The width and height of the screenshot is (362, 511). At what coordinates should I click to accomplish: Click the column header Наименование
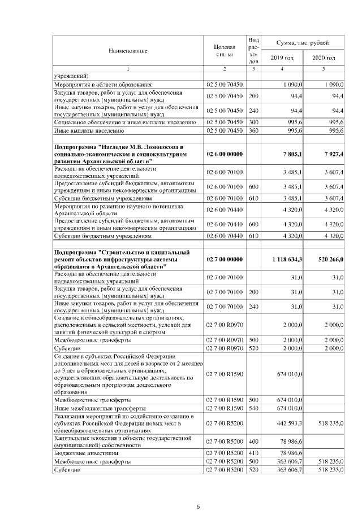point(128,51)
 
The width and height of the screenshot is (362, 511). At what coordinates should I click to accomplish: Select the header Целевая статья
point(225,51)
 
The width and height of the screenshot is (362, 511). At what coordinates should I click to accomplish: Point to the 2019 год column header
point(282,58)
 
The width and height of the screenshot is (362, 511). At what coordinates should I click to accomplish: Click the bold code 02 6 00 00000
point(225,154)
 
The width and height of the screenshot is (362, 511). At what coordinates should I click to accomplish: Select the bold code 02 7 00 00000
point(225,259)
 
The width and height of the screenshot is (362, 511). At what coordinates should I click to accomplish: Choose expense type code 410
point(253,453)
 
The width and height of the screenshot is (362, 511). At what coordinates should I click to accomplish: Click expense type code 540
point(253,408)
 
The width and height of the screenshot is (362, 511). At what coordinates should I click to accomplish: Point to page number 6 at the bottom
point(198,491)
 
